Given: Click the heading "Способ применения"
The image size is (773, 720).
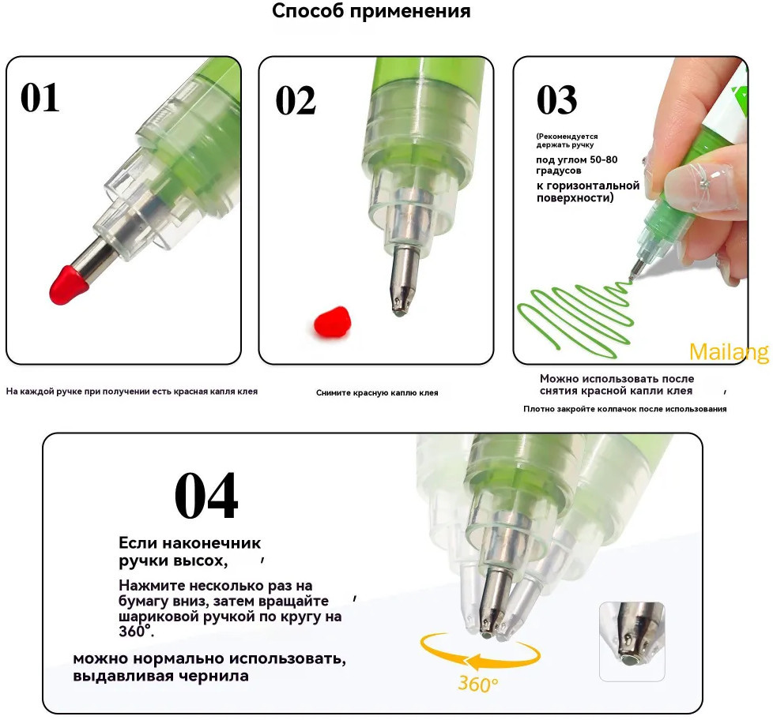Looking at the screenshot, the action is point(371,11).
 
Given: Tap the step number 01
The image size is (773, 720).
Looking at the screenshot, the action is point(40,98).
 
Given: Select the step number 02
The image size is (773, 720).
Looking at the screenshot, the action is point(296,100).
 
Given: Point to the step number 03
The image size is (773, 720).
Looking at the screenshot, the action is point(556,99).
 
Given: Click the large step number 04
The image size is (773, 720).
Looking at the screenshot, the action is point(206,496).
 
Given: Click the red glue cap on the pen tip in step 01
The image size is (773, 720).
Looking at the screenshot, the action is point(68,285).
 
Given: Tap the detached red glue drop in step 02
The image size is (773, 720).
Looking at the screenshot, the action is point(332,323).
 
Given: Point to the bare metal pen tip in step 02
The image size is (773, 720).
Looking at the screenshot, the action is point(404,281).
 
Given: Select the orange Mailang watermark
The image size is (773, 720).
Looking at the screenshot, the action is point(729,352).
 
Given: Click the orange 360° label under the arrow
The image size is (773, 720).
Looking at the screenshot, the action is point(477,684).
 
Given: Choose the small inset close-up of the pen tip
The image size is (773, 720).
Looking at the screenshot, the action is point(632,641).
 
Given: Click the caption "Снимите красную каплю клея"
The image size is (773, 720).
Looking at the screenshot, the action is point(377,393).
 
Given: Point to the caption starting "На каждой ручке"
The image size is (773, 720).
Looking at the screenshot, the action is point(132,392).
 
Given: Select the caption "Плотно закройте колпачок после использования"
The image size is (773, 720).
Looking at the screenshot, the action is point(625,409).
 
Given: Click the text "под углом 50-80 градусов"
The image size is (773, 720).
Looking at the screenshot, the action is point(577,165).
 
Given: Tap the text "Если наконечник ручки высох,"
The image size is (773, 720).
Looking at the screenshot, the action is point(190,552).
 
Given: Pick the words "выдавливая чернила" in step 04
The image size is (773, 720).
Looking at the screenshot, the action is point(160,676).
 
